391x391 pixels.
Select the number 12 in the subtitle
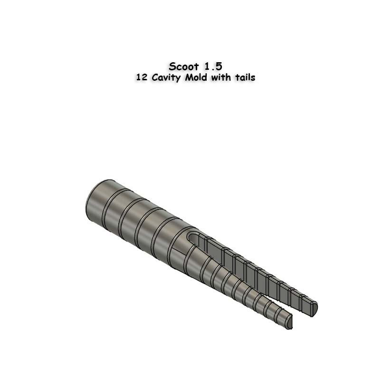click(x=141, y=77)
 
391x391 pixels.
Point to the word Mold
click(x=196, y=77)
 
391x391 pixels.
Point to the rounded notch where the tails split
click(x=192, y=237)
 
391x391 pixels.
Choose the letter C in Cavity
click(x=154, y=77)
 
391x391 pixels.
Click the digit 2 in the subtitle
click(x=143, y=77)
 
